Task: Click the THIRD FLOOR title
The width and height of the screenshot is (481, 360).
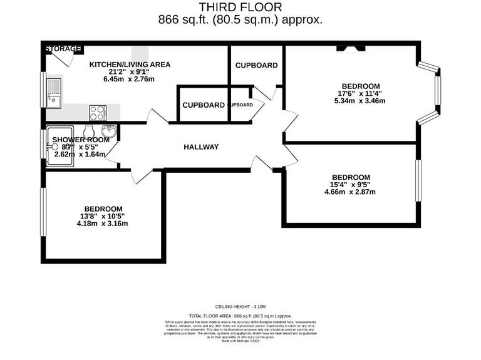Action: point(240,7)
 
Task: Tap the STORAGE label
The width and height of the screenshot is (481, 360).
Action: point(62,48)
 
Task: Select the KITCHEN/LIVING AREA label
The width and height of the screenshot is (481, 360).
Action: point(130,64)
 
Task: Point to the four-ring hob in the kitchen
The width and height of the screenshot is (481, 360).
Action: point(98,113)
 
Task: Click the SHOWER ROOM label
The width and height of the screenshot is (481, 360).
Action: point(80,140)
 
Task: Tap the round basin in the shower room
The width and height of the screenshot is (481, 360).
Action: point(109,132)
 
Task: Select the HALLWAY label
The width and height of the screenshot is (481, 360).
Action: point(201,147)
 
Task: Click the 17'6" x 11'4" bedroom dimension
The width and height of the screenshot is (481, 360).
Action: point(361,94)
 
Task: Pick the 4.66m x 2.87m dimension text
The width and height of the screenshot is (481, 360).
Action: point(351,192)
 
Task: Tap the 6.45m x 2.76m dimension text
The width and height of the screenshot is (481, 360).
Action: point(129,79)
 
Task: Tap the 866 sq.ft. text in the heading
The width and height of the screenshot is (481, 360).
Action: point(184,19)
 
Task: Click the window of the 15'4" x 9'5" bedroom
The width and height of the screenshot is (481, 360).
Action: point(418,181)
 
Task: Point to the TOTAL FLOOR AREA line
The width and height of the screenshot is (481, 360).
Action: point(240,317)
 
